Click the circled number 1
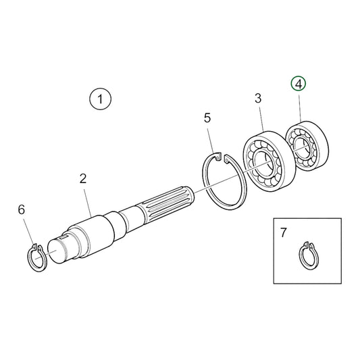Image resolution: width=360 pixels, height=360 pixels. (x=100, y=101)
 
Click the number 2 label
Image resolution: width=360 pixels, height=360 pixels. (x=82, y=179)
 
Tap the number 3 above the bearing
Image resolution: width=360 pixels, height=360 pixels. (x=258, y=99)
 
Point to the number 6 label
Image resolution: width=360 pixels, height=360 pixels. (x=21, y=210)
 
